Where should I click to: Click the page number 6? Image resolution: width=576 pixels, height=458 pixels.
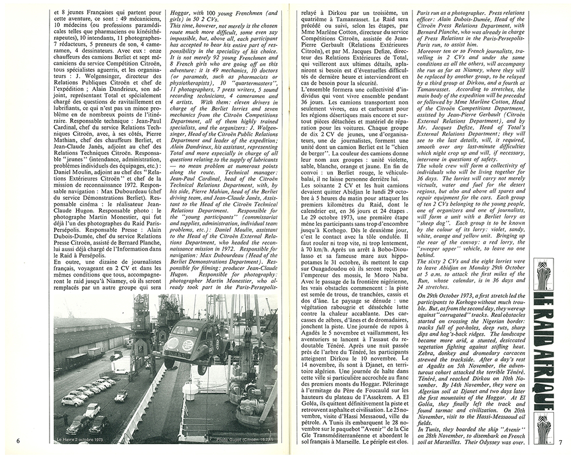18,441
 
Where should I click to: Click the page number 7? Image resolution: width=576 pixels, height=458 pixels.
559,442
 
